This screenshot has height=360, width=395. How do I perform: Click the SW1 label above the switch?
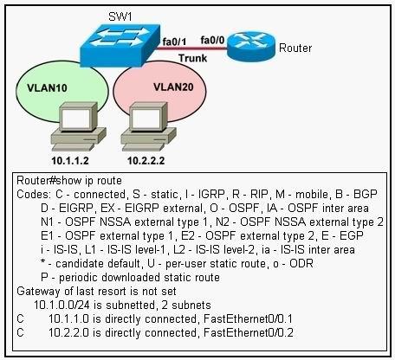click(120, 16)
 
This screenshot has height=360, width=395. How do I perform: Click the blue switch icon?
click(120, 46)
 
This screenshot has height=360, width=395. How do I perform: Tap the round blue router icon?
click(251, 46)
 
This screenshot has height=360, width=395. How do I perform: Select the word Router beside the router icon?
click(295, 48)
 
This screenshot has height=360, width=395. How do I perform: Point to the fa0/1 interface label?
click(174, 42)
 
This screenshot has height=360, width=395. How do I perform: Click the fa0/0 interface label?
click(212, 40)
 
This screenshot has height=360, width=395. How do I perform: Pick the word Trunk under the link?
click(192, 58)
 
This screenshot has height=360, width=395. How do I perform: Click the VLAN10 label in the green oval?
click(47, 87)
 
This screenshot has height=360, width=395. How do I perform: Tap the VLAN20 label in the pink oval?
click(173, 87)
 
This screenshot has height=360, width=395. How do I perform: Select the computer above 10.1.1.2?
click(79, 126)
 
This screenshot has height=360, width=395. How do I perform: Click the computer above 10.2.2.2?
click(148, 126)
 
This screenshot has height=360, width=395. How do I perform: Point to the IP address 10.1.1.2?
click(70, 161)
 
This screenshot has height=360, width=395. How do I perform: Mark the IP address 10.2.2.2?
click(146, 161)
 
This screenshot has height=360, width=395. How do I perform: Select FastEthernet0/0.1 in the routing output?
click(248, 318)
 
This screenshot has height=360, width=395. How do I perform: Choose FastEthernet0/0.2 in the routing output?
click(249, 332)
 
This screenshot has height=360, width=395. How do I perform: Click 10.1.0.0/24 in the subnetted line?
click(62, 305)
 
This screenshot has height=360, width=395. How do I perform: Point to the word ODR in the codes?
click(301, 263)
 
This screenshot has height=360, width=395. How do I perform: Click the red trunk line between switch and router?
click(191, 48)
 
